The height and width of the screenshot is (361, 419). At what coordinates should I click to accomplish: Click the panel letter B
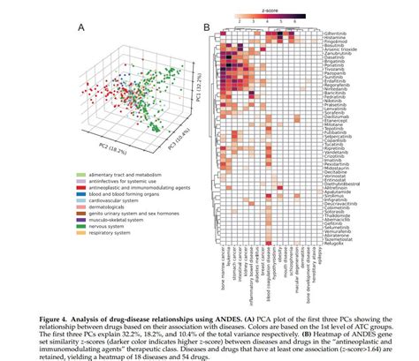[206, 28]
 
